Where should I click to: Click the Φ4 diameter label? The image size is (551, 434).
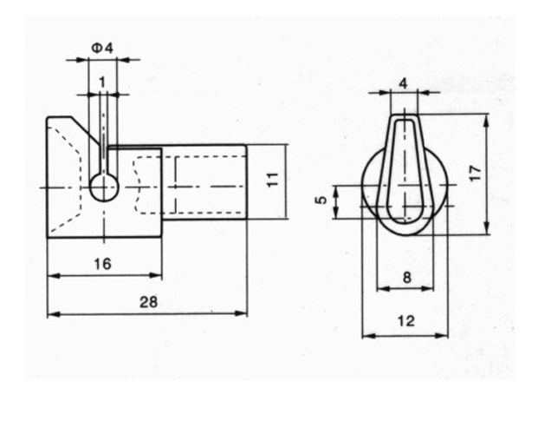point(102,48)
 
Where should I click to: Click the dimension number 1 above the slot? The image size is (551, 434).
point(102,82)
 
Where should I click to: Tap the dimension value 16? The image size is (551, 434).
point(102,264)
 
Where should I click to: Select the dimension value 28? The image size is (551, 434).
point(149,302)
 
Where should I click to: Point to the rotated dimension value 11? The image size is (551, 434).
point(273,180)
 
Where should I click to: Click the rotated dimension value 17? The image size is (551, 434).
point(476,174)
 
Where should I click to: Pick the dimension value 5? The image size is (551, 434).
point(321,200)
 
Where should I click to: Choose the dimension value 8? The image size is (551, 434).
point(406,278)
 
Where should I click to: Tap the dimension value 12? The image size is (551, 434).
point(405,321)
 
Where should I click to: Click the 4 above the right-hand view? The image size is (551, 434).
point(404,84)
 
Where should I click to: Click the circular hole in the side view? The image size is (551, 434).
point(104,187)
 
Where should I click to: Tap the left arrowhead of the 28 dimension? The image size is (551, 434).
point(54,313)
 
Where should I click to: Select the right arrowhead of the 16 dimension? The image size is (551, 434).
point(156,275)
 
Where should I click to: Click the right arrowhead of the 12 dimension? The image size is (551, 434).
point(442,336)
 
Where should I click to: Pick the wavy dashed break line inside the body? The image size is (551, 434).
point(138,186)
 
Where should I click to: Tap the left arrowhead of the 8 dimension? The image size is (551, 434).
point(383,289)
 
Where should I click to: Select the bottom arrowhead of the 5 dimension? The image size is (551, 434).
point(336,213)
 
